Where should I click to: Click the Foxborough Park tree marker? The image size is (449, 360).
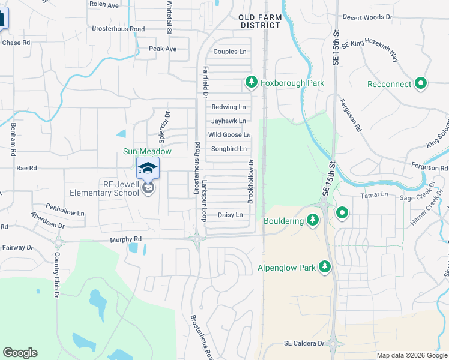(x=252, y=82)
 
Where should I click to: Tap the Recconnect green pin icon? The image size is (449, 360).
(x=421, y=83)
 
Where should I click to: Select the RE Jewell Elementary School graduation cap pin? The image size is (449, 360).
(x=148, y=169)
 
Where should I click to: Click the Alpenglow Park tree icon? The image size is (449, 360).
(x=325, y=266)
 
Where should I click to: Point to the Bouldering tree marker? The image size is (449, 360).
(x=312, y=221)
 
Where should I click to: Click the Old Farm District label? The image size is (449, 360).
(x=260, y=22)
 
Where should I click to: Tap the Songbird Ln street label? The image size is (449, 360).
(x=229, y=149)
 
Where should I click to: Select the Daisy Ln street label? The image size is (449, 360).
(x=230, y=215)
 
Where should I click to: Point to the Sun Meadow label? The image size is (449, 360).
(x=148, y=152)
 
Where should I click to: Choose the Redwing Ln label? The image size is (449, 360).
(x=229, y=107)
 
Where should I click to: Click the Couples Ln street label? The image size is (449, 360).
(x=230, y=52)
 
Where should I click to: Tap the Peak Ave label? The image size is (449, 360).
(x=163, y=49)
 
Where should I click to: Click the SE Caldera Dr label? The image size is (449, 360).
(x=304, y=343)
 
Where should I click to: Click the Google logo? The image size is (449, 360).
(x=20, y=353)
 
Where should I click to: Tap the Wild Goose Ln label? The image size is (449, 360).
(x=229, y=135)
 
